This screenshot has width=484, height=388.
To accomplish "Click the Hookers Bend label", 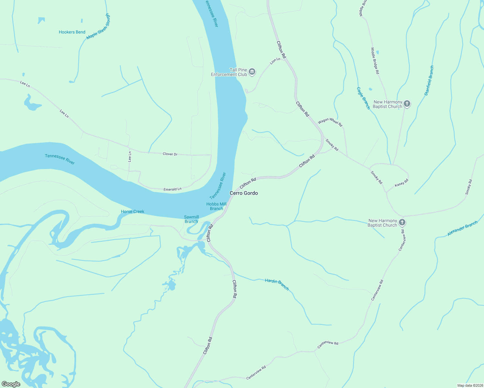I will point(72,32).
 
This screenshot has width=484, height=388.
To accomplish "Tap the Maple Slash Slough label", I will point(98,27).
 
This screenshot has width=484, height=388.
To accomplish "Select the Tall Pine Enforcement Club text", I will point(229,72).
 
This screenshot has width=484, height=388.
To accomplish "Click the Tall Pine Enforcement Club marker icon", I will point(252,72).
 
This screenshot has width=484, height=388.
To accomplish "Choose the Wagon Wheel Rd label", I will point(330,122).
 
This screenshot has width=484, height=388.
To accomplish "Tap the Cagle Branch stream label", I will point(363,98).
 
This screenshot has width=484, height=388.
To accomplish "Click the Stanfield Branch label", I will point(429,81).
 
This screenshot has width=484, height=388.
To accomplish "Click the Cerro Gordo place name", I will point(244,193).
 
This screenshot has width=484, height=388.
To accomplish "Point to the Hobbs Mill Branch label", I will point(216,206).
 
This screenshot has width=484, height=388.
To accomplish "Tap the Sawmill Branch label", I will point(191,219).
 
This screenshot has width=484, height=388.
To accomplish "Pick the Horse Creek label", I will point(133,211).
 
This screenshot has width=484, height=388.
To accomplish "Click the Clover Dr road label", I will point(170,154).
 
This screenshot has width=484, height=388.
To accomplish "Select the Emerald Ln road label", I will point(172,189).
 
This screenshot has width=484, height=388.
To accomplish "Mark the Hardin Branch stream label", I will point(277,284).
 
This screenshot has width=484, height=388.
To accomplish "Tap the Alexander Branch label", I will point(462,229).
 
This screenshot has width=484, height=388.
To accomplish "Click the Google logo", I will point(11,384).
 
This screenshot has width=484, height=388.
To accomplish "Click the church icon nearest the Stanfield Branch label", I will point(407,104).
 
